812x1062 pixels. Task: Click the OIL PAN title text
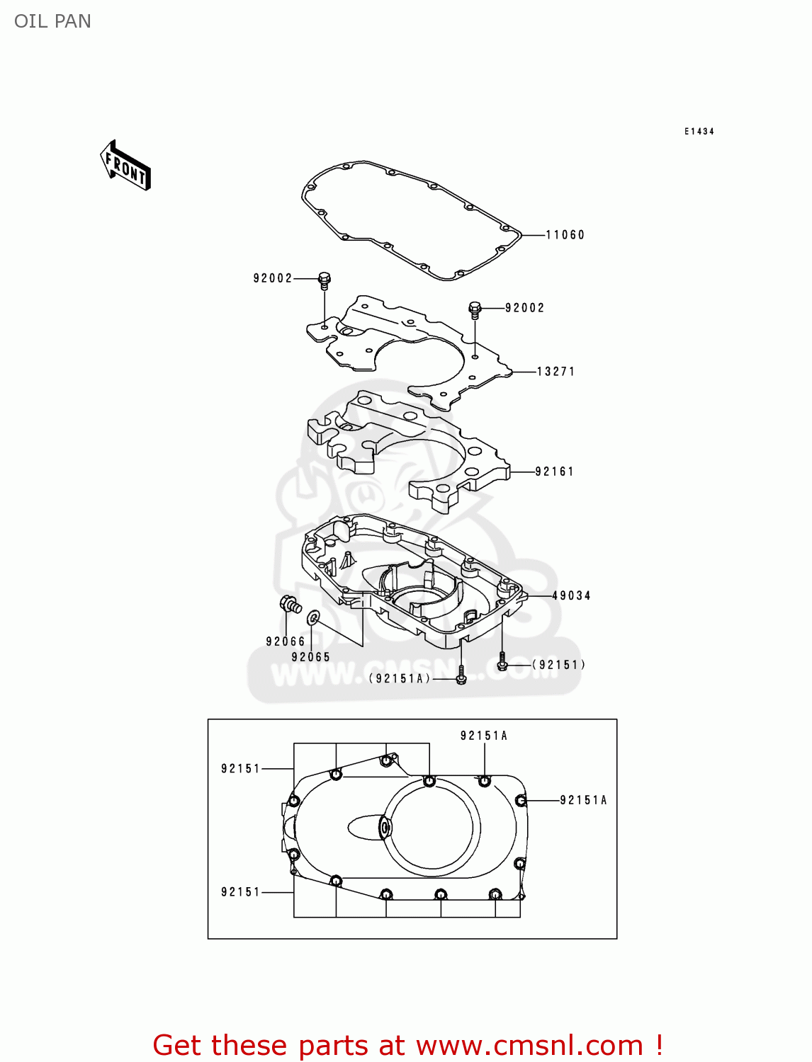(x=52, y=21)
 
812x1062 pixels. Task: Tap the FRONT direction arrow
(x=125, y=166)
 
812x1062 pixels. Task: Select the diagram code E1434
(x=699, y=132)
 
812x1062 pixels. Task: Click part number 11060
(x=565, y=235)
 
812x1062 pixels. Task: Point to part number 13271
(x=556, y=372)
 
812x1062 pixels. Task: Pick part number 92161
(x=554, y=472)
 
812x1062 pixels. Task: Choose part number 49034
(x=571, y=596)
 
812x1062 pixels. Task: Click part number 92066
(x=286, y=641)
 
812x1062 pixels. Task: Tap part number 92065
(x=311, y=657)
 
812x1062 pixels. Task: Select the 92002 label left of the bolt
(x=273, y=278)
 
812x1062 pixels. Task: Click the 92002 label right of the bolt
(x=525, y=308)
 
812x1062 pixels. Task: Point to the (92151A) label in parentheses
(x=400, y=679)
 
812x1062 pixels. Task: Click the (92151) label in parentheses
(x=559, y=665)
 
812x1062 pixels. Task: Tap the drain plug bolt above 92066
(x=290, y=605)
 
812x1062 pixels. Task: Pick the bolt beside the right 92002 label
(x=475, y=309)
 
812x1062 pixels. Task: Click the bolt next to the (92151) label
(x=502, y=663)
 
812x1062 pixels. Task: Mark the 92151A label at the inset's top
(x=484, y=736)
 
